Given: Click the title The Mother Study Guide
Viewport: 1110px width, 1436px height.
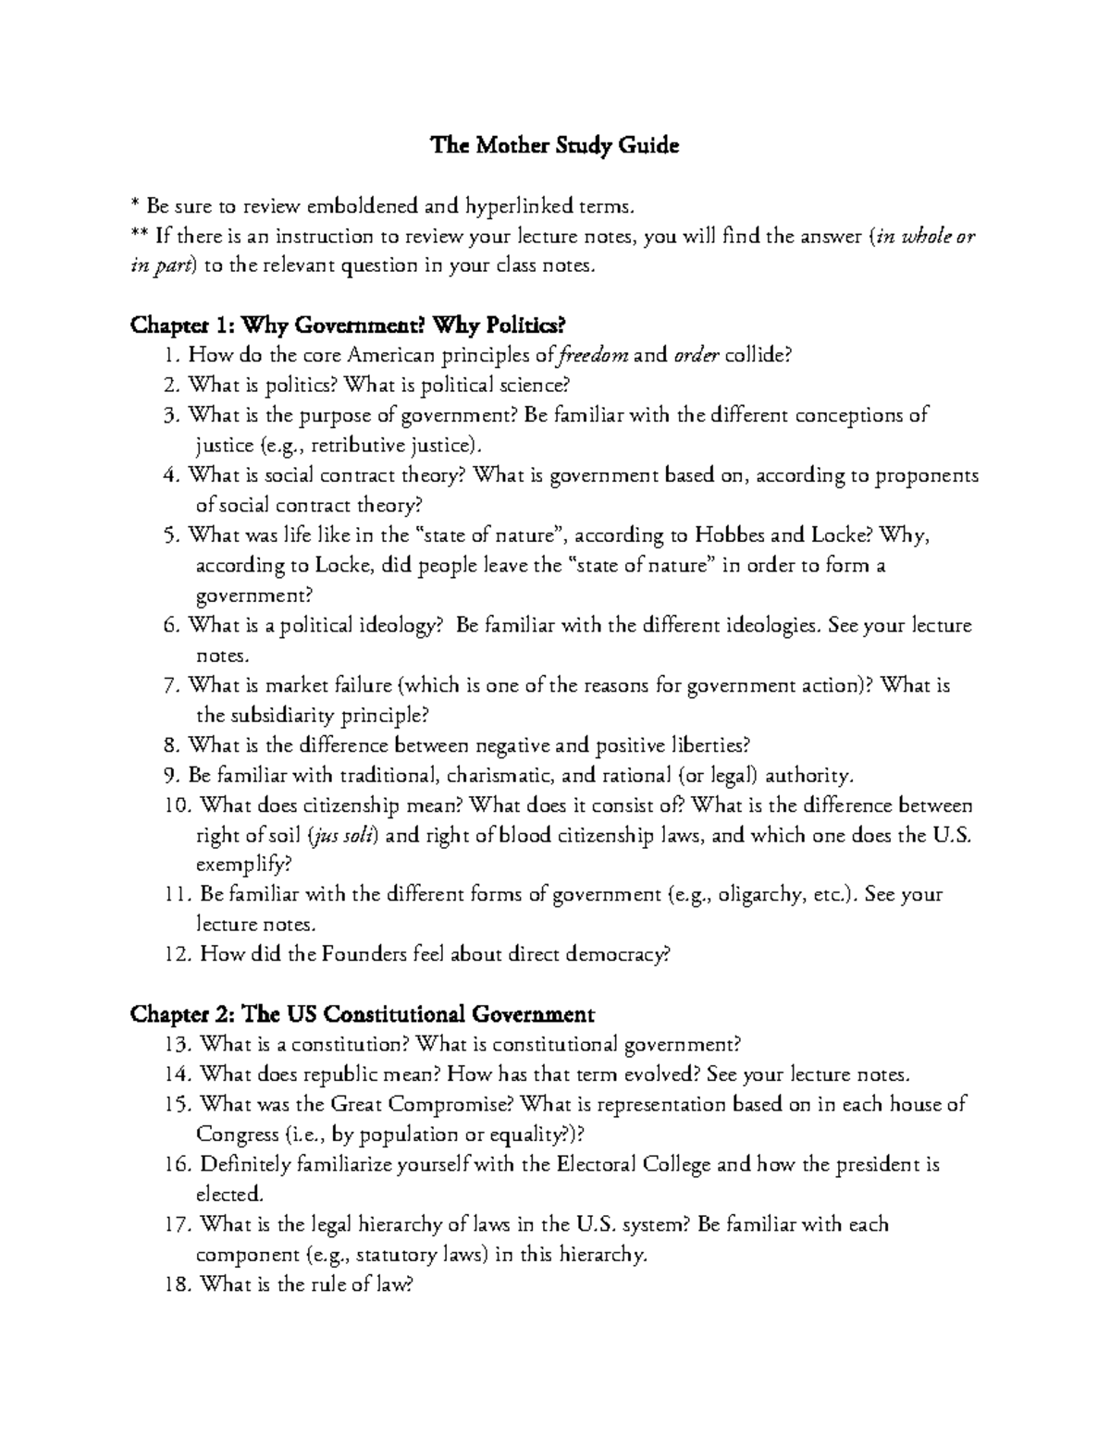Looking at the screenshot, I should [x=554, y=146].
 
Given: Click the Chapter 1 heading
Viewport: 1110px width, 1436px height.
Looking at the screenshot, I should [x=347, y=325].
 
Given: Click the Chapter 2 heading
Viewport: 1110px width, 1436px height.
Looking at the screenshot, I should [x=362, y=1014].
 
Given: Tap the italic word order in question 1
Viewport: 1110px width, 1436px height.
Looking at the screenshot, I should [x=696, y=356].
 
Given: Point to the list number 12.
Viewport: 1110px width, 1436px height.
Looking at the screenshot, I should [x=175, y=955].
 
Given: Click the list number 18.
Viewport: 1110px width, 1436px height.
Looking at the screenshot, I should [x=175, y=1284].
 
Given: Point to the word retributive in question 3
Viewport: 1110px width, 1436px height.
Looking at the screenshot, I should [x=358, y=446].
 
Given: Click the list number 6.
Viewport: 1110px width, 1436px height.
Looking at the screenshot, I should [x=169, y=625].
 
